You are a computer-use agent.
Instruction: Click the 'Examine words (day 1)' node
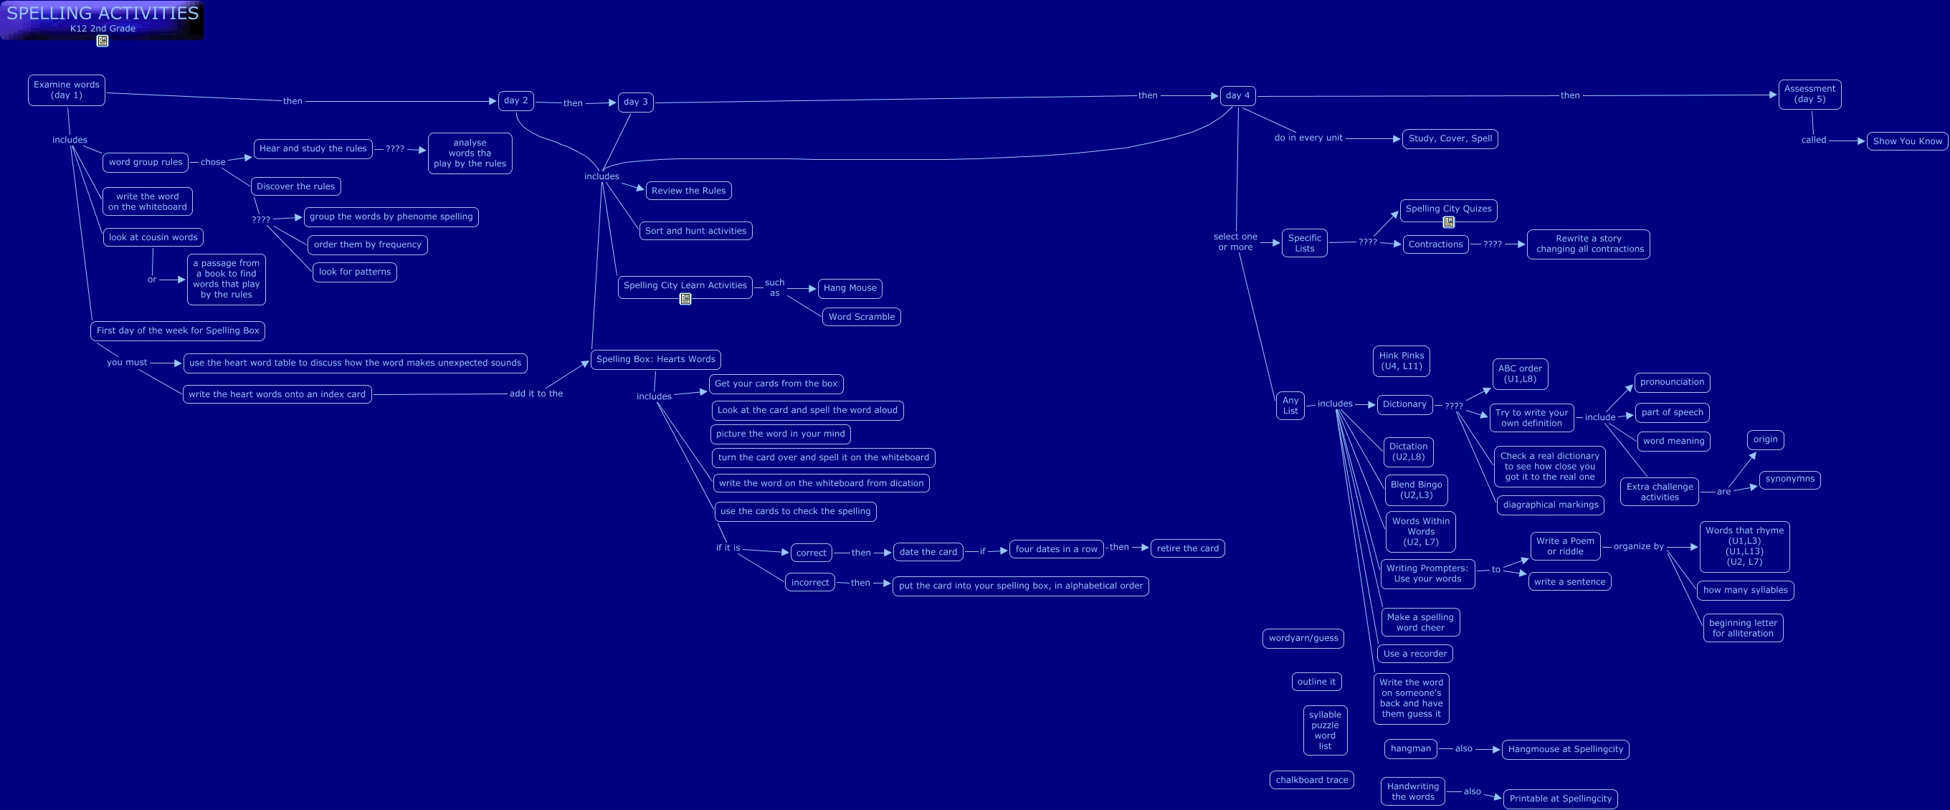click(67, 90)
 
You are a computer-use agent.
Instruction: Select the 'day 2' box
click(515, 100)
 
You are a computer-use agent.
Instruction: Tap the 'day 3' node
click(635, 103)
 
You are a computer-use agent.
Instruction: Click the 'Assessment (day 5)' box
click(1809, 94)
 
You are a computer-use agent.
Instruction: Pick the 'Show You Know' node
click(1907, 140)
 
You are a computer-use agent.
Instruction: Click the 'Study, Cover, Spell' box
click(1450, 138)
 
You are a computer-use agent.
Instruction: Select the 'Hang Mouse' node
click(850, 288)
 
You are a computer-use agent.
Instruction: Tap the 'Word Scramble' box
click(862, 317)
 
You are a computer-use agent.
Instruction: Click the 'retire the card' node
click(1187, 549)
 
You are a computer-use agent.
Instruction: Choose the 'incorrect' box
click(809, 583)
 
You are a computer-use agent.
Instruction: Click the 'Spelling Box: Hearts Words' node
click(655, 360)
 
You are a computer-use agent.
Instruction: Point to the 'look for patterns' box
click(354, 272)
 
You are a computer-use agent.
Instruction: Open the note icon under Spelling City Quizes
click(1448, 222)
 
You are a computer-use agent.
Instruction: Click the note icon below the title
click(103, 41)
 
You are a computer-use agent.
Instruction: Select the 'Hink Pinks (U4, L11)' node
click(1401, 361)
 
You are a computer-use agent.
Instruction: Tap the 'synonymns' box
click(1789, 479)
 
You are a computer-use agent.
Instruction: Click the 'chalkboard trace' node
click(1311, 781)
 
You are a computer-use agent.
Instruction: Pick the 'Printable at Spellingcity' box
click(1560, 799)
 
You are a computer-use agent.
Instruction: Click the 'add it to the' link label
click(536, 394)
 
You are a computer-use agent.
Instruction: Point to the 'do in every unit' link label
click(1308, 138)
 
